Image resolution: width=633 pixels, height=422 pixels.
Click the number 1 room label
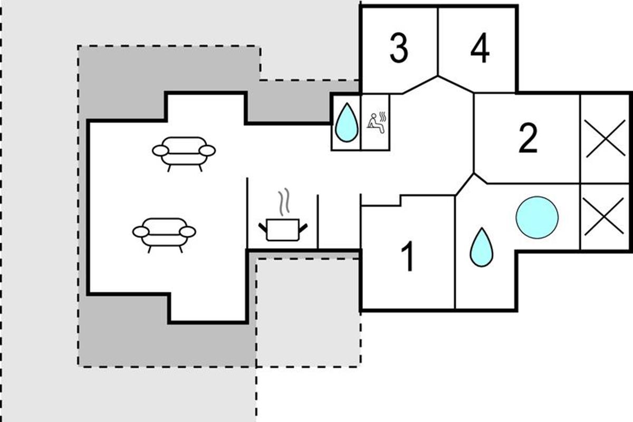(408, 257)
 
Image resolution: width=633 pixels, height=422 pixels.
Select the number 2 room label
(527, 138)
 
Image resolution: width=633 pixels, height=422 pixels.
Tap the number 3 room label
(399, 49)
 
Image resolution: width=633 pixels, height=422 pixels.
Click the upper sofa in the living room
(184, 151)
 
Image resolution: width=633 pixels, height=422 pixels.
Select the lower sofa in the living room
(164, 233)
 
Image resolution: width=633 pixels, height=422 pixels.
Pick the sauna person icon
(376, 123)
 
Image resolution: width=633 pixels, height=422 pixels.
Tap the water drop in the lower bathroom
(481, 247)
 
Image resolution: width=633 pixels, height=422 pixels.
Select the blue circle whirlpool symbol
(537, 217)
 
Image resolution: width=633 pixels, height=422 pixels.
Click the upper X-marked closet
(605, 138)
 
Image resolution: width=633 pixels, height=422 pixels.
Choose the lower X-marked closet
(605, 217)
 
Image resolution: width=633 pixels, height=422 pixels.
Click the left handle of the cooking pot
(263, 228)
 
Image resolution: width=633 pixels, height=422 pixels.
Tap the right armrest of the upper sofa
(207, 150)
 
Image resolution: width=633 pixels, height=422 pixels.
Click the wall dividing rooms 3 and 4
(438, 42)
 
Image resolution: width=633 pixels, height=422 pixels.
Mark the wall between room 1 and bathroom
(455, 253)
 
